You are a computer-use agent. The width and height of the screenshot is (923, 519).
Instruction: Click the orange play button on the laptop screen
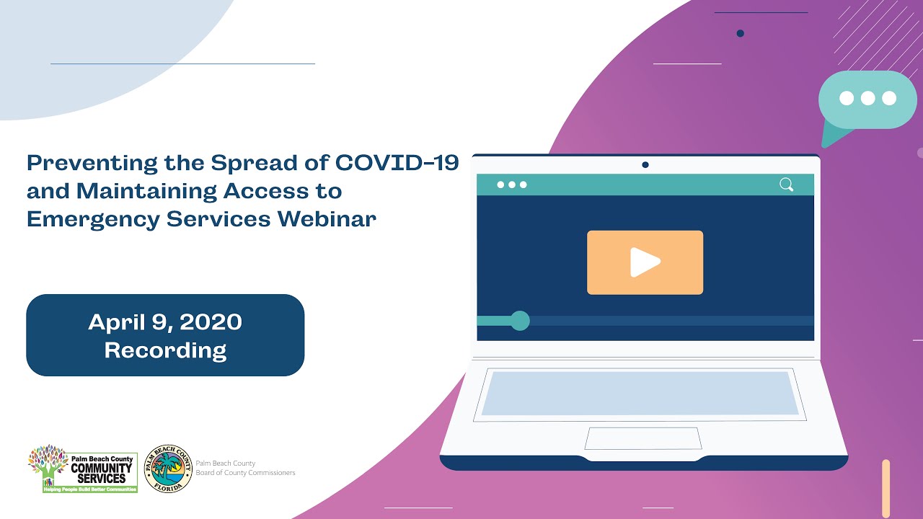pos(645,262)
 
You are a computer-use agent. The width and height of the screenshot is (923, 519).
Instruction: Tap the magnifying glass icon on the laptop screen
pos(786,185)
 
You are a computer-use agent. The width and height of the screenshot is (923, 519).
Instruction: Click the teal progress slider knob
pos(520,321)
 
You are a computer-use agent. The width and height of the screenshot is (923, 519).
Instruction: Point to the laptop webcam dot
pos(645,165)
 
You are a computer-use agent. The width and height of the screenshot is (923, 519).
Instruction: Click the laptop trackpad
pos(643,438)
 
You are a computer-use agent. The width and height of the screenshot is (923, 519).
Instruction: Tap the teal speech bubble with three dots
pos(867,100)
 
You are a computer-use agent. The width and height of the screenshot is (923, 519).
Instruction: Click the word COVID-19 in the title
pos(397,163)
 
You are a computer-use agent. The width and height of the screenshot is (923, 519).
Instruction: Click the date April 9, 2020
pos(165,322)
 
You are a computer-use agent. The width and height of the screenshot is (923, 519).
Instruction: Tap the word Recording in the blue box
pos(165,350)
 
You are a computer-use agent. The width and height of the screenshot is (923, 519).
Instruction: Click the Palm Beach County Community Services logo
pos(82,469)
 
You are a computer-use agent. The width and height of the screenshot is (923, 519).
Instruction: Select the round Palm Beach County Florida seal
pos(168,469)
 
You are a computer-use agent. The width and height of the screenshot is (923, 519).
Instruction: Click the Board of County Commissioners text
pos(245,473)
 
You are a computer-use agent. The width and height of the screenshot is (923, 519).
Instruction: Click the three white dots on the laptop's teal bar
pos(512,185)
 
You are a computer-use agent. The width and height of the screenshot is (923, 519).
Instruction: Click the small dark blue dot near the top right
pos(740,33)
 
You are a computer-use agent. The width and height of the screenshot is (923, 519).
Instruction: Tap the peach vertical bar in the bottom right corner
pos(886,488)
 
